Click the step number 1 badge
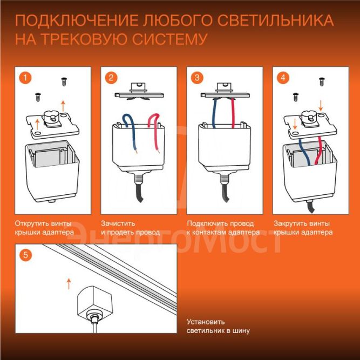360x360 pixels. point(24,77)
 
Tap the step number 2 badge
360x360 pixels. point(111,77)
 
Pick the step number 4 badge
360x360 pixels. point(283,77)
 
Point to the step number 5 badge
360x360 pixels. point(24,254)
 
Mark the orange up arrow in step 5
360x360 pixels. point(68,283)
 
